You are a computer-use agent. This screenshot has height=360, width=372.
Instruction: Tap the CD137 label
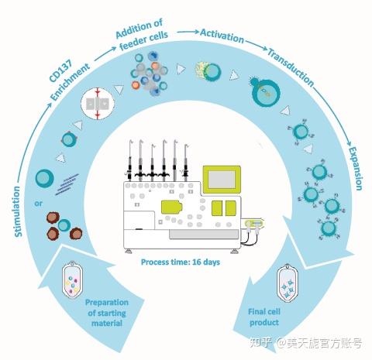[55, 80]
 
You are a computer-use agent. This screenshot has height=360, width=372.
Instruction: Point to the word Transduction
[290, 67]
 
